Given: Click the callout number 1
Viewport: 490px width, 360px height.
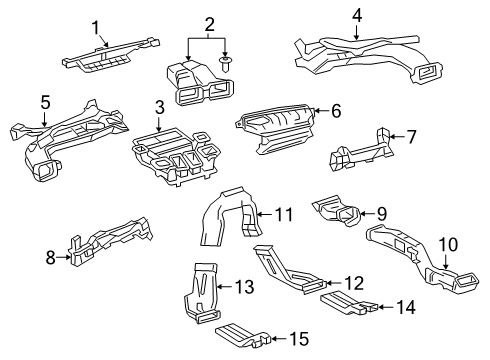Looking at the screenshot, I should point(98,27).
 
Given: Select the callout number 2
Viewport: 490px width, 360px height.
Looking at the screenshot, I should point(209,22).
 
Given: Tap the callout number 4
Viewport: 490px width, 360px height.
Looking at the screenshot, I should point(357,15).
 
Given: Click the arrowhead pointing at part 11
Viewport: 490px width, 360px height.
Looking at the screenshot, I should point(257,213).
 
